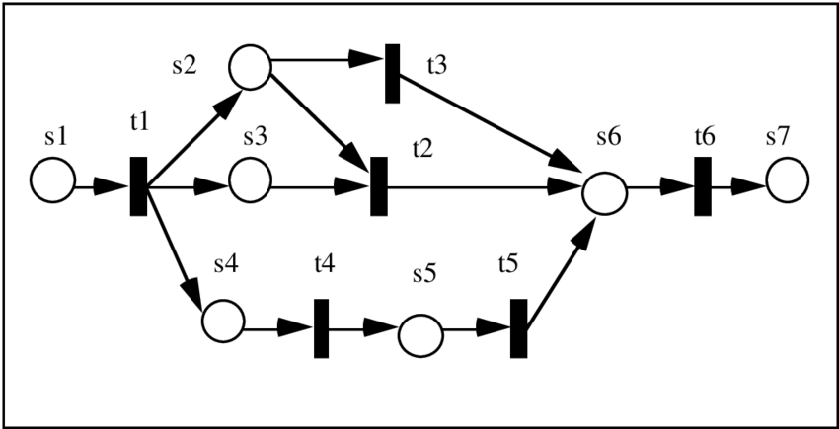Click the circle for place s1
[x=52, y=181]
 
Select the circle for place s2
[x=251, y=67]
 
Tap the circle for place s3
[x=251, y=181]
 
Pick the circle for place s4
[x=223, y=321]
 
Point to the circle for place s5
[x=420, y=334]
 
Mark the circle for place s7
[x=787, y=181]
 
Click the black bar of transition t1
[x=139, y=185]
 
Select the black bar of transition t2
[x=378, y=185]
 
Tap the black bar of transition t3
[x=392, y=72]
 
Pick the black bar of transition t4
[x=322, y=328]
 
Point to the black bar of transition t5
[x=519, y=328]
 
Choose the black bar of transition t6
[x=703, y=185]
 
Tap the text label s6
[x=608, y=137]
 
